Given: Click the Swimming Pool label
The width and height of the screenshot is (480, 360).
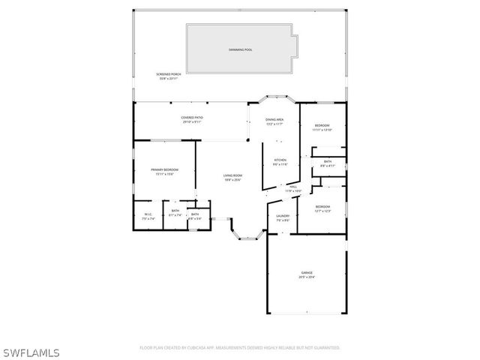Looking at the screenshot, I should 241,49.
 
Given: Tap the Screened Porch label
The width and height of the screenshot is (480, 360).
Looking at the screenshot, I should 169,74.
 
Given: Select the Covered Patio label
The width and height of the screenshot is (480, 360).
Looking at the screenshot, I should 192,118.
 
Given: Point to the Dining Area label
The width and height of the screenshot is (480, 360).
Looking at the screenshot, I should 274,120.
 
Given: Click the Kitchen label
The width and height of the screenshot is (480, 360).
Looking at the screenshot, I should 280,160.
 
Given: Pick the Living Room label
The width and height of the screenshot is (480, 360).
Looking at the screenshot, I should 232,176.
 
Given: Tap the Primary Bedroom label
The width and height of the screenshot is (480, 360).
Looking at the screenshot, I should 164,170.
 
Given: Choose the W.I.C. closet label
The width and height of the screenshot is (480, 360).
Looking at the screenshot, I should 148,214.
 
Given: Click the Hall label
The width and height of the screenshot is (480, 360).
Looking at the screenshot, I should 293,187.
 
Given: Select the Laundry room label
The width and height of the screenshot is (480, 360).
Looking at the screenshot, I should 283,217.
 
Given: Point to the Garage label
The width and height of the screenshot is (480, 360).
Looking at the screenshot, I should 307,273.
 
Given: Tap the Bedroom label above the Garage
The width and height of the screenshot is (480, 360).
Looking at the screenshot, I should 322,206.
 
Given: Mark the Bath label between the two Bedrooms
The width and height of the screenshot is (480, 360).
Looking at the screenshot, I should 328,161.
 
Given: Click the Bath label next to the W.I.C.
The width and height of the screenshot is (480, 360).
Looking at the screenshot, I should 175,211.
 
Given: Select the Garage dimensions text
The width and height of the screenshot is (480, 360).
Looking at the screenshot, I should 307,277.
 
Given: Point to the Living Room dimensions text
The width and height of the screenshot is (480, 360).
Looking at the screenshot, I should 232,180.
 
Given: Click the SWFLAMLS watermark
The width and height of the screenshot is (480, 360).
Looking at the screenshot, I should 31,352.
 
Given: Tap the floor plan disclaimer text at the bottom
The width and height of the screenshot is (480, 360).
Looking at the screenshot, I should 240,347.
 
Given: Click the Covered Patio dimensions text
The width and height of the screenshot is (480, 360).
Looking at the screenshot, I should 192,122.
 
